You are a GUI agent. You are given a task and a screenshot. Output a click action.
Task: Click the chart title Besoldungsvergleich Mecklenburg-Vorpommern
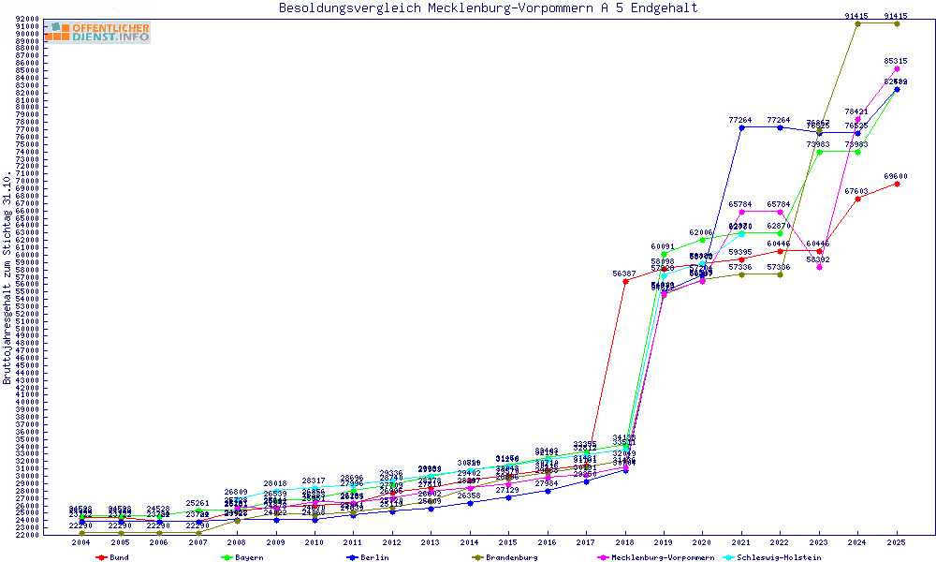point(488,8)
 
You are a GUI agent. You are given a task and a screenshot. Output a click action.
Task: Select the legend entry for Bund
point(113,557)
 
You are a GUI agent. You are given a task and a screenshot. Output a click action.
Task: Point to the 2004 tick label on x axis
point(81,542)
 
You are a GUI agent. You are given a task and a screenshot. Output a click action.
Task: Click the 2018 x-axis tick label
point(625,542)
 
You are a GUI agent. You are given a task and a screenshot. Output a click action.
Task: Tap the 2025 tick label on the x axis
point(897,542)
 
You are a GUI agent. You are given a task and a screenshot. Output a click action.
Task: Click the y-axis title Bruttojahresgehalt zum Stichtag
point(7,278)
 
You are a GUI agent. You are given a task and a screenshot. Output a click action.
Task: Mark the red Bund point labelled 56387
point(625,281)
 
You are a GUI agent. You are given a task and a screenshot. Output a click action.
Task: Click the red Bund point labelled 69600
point(897,184)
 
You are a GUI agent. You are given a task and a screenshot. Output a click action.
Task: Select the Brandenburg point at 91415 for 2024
point(857,23)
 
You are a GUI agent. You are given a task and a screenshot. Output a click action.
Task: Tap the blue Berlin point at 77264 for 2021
point(741,127)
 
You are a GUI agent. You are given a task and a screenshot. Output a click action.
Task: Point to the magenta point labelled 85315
point(897,68)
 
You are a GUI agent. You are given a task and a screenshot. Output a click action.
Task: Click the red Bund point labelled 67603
point(857,199)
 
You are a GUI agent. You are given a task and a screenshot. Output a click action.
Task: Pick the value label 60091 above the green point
point(664,247)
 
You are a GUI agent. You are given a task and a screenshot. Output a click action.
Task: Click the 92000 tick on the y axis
point(28,19)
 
